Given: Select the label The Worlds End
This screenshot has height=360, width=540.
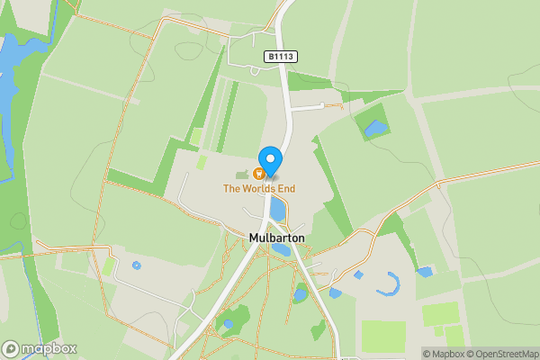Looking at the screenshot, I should (x=259, y=189).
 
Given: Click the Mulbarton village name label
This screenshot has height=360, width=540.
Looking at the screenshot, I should (x=276, y=238).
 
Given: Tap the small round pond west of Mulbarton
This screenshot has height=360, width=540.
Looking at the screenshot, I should (x=137, y=265).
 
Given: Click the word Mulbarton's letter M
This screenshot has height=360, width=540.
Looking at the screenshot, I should (x=254, y=238).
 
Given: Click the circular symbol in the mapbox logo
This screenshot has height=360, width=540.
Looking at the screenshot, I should (x=11, y=348).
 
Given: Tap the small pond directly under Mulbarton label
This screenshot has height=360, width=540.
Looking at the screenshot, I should (x=282, y=249).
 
